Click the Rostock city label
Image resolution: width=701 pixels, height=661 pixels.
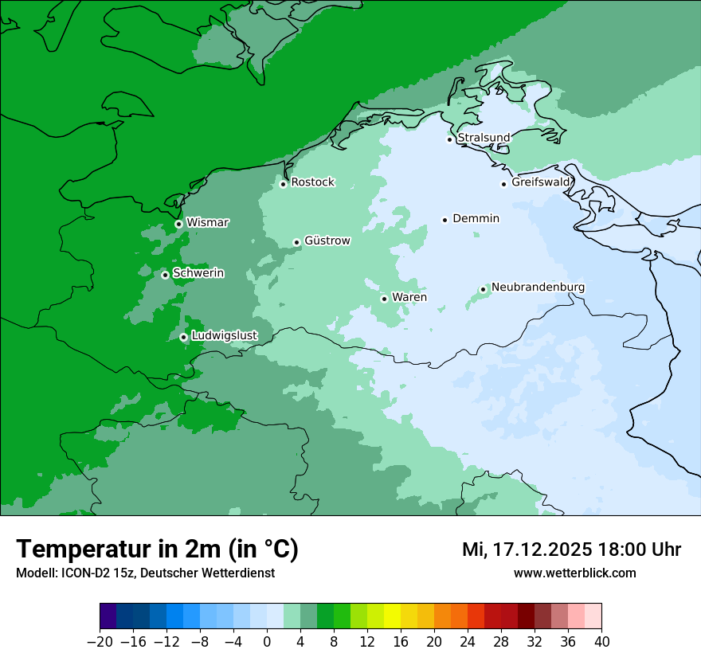312,182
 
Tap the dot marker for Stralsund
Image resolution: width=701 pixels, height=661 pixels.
449,139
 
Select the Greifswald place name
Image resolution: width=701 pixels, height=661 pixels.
541,182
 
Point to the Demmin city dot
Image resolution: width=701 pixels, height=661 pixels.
444,220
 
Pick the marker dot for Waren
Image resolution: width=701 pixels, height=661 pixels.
384,299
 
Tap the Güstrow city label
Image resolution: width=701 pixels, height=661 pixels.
327,241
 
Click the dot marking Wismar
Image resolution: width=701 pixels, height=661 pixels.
178,224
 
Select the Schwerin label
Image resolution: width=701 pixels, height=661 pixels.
198,273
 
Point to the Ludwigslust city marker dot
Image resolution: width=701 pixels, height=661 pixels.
183,337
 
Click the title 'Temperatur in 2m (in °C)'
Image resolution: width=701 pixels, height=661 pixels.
158,550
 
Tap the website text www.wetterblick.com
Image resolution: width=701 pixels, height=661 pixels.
574,573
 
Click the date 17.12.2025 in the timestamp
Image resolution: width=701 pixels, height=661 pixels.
542,550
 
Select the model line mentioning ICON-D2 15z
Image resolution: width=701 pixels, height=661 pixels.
145,573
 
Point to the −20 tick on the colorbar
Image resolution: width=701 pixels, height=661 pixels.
100,642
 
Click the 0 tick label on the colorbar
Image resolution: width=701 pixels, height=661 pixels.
267,642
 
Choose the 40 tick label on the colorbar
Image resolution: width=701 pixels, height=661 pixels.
601,642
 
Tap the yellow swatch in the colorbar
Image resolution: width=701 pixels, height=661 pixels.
393,616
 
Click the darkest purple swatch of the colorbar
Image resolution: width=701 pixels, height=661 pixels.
108,616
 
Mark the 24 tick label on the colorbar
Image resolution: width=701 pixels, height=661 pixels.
468,642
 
